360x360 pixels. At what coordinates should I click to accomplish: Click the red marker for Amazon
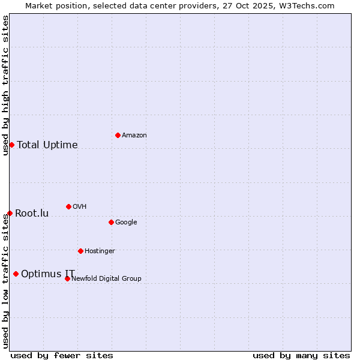coord(118,135)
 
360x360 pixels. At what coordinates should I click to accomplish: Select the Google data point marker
coord(111,222)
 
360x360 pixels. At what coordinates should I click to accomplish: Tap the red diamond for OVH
coord(68,206)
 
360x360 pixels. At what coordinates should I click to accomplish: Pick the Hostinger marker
coord(80,251)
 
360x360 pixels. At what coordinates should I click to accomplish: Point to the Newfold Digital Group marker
coord(67,278)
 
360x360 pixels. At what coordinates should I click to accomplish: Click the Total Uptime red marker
coord(11,145)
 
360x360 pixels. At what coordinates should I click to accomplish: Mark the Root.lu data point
coord(10,213)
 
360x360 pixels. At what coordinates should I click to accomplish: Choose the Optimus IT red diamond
coord(16,274)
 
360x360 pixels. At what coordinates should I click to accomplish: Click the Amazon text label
coord(134,136)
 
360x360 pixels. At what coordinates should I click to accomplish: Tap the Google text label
coord(126,223)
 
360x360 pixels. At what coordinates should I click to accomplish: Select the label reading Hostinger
coord(100,251)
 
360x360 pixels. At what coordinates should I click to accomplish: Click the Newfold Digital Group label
coord(107,278)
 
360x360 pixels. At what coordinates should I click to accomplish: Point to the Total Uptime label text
coord(47,145)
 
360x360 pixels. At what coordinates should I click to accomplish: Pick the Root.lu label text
coord(32,214)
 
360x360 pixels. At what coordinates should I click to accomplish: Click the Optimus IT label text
coord(48,274)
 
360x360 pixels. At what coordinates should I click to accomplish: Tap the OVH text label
coord(80,207)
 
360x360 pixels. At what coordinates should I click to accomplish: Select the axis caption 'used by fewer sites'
coord(62,355)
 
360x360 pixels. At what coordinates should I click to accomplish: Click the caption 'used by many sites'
coord(301,355)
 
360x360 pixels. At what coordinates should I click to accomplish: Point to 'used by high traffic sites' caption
coord(5,85)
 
